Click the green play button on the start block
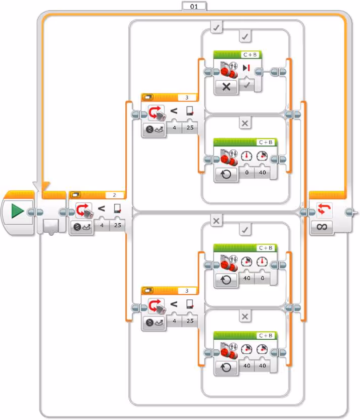tap(17, 211)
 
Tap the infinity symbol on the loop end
tap(322, 227)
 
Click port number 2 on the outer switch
tap(115, 195)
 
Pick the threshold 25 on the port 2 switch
tap(117, 227)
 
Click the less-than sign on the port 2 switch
tap(101, 208)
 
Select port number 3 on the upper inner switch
tap(187, 97)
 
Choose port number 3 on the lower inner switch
tap(187, 290)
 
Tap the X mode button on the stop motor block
tap(226, 86)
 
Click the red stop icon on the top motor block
tap(246, 68)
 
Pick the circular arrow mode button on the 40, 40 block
tap(226, 367)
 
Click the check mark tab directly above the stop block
tap(245, 37)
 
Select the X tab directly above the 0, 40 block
tap(245, 123)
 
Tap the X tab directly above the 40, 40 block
tap(245, 317)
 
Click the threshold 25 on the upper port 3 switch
tap(190, 129)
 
